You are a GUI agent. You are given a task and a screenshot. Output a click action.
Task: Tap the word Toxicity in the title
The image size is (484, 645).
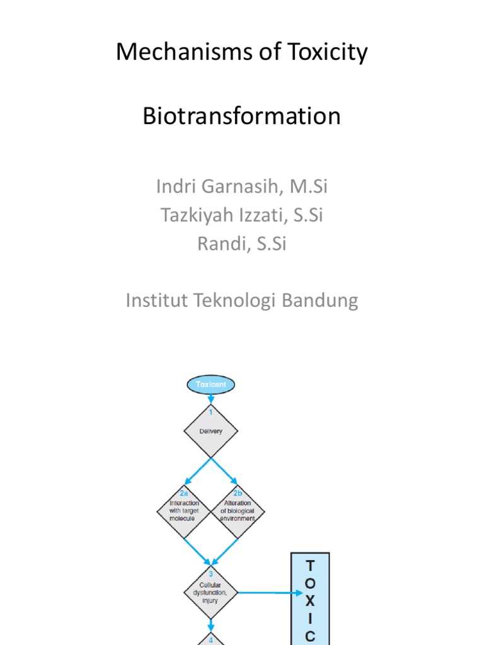pos(328,53)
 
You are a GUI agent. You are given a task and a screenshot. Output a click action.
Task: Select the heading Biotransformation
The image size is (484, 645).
pos(241,116)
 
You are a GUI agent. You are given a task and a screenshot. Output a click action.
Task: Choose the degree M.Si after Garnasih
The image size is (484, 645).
pos(309,186)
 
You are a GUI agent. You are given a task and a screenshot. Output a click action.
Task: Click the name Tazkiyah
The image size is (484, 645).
pos(197,215)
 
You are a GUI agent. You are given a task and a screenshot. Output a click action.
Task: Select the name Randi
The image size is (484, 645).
pos(224,244)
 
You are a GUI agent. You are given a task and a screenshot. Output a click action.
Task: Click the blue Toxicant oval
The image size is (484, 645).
pos(210,385)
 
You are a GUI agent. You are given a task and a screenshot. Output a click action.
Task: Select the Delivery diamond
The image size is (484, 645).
pos(210,431)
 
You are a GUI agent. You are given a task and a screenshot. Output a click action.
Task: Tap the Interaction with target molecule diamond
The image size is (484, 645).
pos(183,511)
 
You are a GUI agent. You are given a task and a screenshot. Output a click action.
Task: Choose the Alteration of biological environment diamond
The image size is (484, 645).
pos(238,511)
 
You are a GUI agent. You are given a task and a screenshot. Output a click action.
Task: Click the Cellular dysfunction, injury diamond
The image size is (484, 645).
pos(210,593)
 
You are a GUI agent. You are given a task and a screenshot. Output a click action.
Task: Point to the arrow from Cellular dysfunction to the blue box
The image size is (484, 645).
pos(270,593)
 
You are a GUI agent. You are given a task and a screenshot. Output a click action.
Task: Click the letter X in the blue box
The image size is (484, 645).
pos(310,601)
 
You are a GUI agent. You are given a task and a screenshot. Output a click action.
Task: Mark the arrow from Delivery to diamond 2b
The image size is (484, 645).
pos(224,471)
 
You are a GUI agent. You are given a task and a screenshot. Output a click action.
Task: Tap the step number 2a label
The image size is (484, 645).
pos(183,493)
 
